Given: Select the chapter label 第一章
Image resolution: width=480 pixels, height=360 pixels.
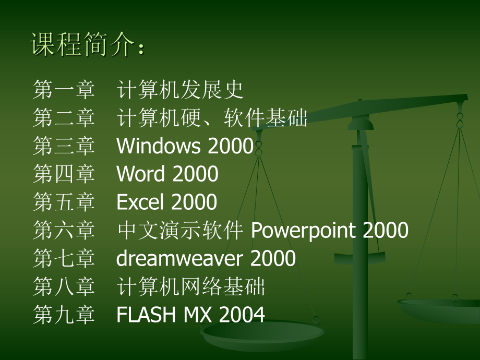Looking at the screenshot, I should click(64, 90).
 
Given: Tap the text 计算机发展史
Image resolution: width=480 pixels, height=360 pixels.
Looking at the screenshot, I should click(180, 90).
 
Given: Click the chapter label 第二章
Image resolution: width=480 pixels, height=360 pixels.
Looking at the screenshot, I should click(64, 118).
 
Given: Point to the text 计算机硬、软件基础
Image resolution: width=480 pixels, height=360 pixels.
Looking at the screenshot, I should click(212, 118).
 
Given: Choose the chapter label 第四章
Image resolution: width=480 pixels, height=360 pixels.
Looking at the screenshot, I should click(64, 175).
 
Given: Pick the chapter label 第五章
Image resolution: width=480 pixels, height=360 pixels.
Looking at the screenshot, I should click(64, 203).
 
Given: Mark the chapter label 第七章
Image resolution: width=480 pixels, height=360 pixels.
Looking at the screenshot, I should click(64, 259).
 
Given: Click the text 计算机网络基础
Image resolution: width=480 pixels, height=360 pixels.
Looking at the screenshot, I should click(191, 287).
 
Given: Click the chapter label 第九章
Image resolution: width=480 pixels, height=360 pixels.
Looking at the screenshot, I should click(64, 315).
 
